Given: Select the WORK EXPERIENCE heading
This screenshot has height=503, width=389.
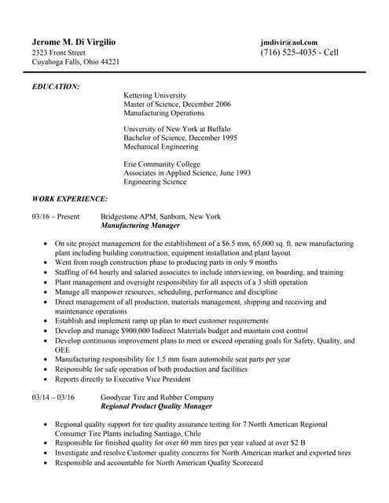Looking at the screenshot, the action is pyautogui.click(x=69, y=200).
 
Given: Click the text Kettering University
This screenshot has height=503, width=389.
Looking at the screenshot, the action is pyautogui.click(x=157, y=94).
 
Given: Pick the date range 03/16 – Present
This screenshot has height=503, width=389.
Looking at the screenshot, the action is pyautogui.click(x=56, y=216).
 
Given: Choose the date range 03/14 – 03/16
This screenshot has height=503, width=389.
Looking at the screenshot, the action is pyautogui.click(x=53, y=398).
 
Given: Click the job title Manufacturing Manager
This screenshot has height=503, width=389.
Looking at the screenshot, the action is pyautogui.click(x=141, y=226).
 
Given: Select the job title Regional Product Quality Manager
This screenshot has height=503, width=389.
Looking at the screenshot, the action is pyautogui.click(x=156, y=407).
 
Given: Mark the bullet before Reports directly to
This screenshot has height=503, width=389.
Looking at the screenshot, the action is pyautogui.click(x=47, y=378).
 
